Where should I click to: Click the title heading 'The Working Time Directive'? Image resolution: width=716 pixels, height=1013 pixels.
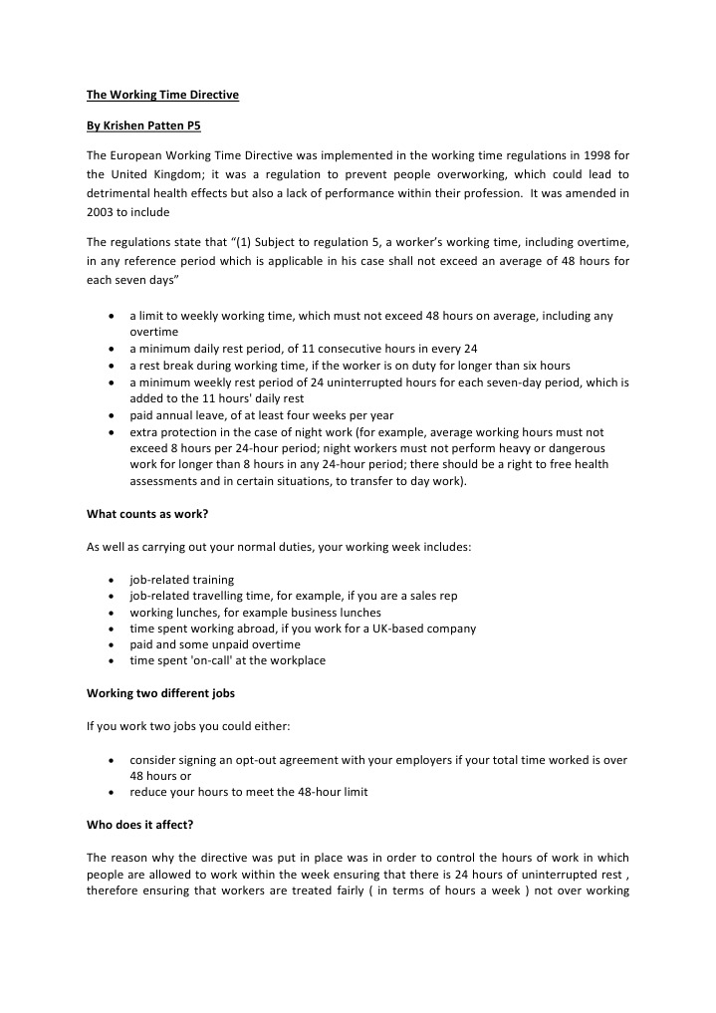point(162,96)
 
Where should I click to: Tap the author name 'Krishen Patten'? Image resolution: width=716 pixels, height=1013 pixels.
point(145,127)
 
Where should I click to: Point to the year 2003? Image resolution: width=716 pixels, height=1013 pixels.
point(102,212)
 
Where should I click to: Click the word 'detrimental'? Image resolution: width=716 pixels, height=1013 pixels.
point(119,193)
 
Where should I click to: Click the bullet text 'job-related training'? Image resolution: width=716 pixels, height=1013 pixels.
point(182,579)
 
